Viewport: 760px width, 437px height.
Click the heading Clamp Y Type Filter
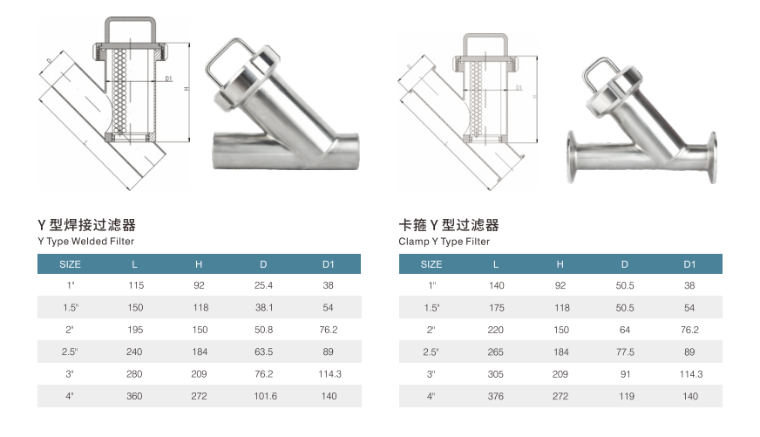(x=444, y=241)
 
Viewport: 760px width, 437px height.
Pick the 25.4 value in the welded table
(x=263, y=285)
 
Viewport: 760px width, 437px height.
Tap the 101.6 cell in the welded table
(x=263, y=395)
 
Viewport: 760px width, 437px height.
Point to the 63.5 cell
(x=263, y=352)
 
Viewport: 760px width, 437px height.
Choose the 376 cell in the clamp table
(x=496, y=395)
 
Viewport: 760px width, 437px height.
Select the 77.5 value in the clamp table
(x=625, y=352)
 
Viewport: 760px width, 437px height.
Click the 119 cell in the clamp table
(x=625, y=395)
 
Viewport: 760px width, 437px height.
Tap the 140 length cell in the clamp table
(x=496, y=285)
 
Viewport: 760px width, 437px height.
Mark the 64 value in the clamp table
(x=625, y=330)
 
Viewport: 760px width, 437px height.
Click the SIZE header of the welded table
(x=70, y=263)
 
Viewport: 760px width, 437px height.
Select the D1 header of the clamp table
(x=689, y=263)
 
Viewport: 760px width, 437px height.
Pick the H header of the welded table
(x=199, y=263)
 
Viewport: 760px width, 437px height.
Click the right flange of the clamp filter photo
(x=712, y=158)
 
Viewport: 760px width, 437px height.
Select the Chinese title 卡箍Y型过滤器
(x=448, y=225)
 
